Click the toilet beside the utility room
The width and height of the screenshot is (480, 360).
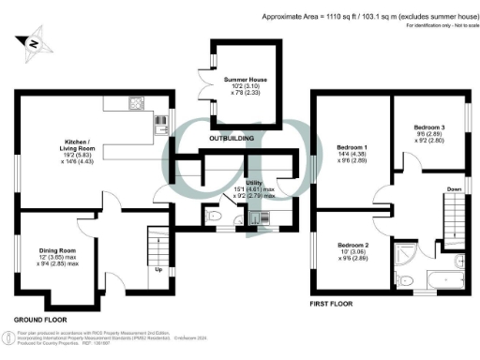[x=215, y=218]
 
